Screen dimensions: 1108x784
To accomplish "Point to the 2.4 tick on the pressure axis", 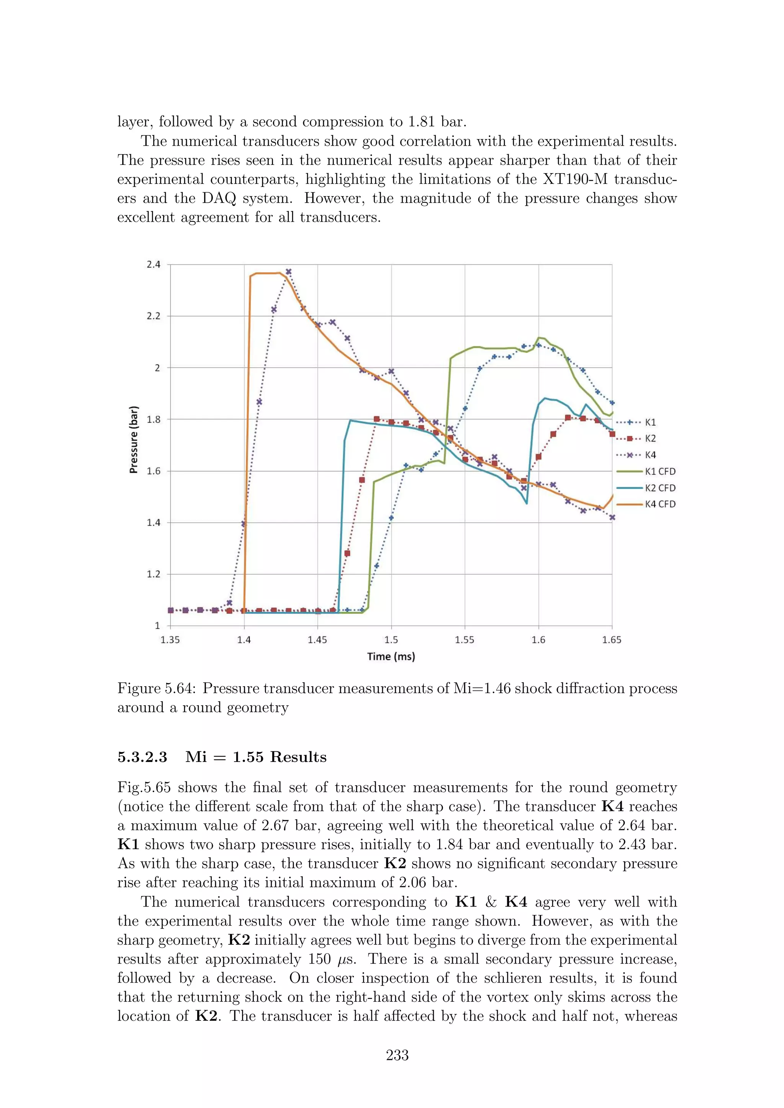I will tap(154, 265).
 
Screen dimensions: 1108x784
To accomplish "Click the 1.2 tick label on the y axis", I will tap(154, 574).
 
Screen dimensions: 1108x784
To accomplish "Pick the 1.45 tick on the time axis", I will tap(317, 640).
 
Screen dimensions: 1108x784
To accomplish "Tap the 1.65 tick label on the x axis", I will tap(612, 640).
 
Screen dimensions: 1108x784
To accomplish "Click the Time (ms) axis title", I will tap(391, 656).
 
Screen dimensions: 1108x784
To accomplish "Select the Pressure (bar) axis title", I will tap(134, 440).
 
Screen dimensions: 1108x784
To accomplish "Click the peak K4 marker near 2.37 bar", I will tap(288, 272).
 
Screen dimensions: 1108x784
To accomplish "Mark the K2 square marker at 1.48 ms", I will tap(362, 480).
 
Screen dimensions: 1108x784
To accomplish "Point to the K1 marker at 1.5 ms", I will tap(391, 518).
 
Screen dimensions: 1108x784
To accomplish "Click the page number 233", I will tap(397, 1055).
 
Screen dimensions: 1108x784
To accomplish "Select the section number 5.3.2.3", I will tap(142, 757).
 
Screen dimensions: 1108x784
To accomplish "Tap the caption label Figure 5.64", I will tap(157, 688).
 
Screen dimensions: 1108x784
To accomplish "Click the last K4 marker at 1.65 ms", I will tap(612, 517).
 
